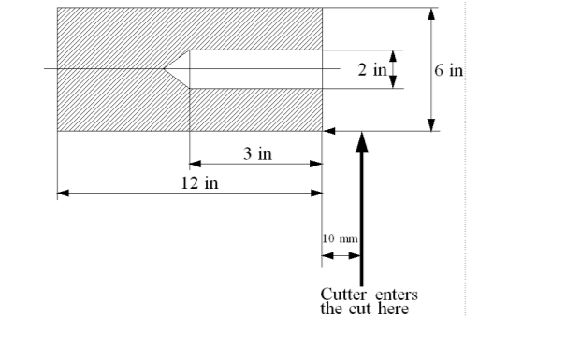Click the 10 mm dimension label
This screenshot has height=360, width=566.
[340, 239]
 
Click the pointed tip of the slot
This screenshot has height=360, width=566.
[164, 68]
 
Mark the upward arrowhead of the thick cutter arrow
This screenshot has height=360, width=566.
[362, 141]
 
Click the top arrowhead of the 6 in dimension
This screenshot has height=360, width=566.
[431, 14]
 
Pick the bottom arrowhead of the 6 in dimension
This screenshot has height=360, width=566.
[431, 125]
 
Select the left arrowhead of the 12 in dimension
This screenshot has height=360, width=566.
[63, 194]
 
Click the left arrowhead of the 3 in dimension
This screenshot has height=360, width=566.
[196, 164]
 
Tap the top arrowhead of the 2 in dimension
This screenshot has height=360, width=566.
[393, 54]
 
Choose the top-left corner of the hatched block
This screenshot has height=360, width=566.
[57, 8]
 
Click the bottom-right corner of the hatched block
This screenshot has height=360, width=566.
[322, 131]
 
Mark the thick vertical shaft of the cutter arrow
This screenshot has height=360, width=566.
[362, 215]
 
